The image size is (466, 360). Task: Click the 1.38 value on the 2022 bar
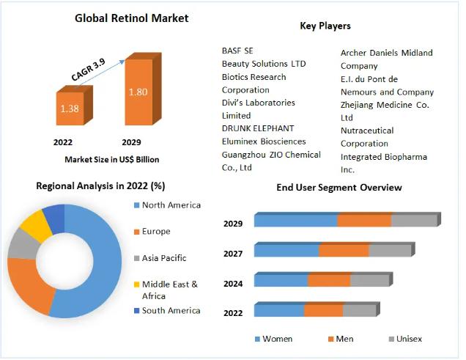tap(70, 109)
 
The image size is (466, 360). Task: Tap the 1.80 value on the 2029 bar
tap(138, 92)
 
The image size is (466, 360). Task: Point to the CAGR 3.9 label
tap(88, 70)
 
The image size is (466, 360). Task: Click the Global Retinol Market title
tap(132, 18)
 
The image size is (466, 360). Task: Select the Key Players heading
tap(325, 26)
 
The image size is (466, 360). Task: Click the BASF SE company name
tap(237, 51)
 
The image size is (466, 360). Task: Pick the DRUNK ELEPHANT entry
tap(258, 128)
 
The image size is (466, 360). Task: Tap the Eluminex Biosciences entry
tap(264, 142)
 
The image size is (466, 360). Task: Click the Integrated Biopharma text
tap(384, 157)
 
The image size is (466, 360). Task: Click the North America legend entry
tap(168, 205)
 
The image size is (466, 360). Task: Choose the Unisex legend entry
tap(405, 339)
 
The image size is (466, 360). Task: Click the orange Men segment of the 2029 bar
tap(364, 221)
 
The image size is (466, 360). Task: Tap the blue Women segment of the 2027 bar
tap(286, 251)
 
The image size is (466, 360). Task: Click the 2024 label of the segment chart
tap(233, 284)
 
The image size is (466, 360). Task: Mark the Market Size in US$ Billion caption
tap(112, 160)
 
